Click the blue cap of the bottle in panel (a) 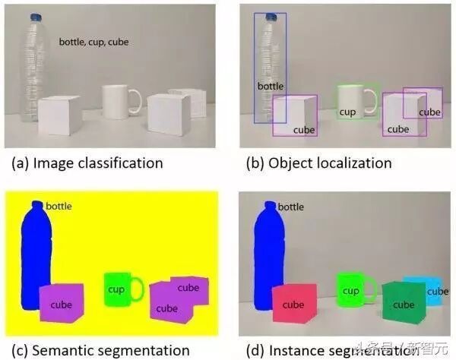(35, 17)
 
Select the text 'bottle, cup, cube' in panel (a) (93, 42)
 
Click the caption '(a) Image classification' (87, 163)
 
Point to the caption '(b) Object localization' (318, 163)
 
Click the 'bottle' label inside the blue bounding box (270, 86)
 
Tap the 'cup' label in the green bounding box (347, 112)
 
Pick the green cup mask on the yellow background (116, 289)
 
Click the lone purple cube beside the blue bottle (62, 302)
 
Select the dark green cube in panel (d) (403, 302)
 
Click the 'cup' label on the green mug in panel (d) (350, 290)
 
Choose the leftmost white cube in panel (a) (60, 116)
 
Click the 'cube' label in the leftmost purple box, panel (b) (303, 130)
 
